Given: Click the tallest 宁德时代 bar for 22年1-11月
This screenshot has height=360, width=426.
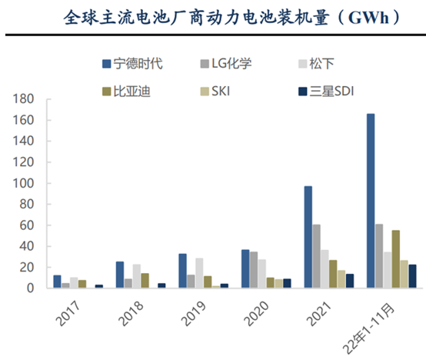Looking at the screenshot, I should (371, 201).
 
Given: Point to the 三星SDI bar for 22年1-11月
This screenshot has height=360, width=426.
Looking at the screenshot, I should (412, 276).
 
